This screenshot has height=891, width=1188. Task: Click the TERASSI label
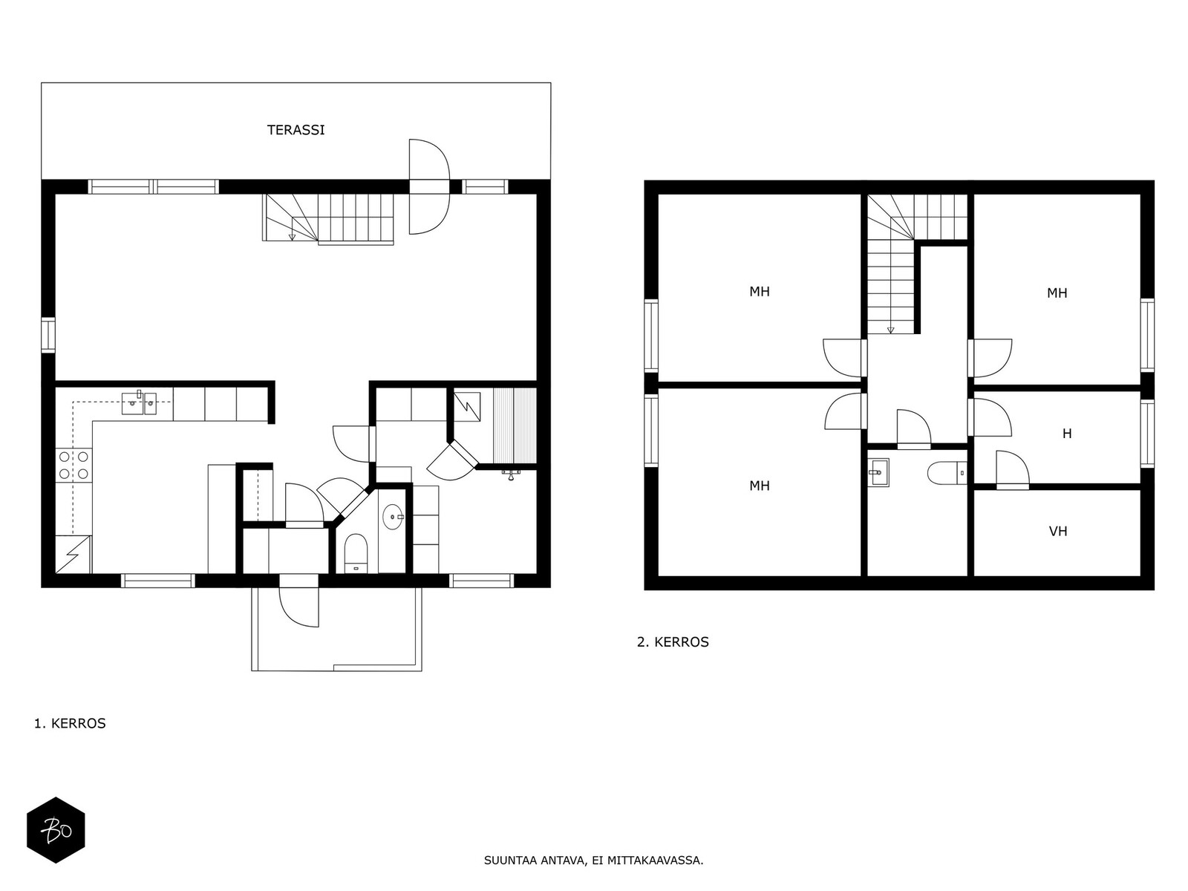pos(296,130)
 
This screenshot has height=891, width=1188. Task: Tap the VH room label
pos(1058,531)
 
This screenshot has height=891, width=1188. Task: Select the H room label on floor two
pos(1067,434)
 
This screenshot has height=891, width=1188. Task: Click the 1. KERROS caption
pos(70,723)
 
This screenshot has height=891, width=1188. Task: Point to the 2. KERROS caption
pos(673,642)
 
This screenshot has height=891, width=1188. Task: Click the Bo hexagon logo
pos(56,830)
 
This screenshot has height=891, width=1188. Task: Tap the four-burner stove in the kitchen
pos(74,466)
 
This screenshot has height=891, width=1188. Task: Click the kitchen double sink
pos(139,403)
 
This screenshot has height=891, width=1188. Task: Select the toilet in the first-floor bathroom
pos(356,553)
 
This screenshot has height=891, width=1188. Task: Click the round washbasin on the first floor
pos(393,518)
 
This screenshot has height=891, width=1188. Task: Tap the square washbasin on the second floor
pos(878,472)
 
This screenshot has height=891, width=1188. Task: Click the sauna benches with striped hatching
pos(514,425)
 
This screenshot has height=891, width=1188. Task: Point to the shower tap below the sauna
pos(511,474)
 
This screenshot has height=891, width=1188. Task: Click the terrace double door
pos(429,186)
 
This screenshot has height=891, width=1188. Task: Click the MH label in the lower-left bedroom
pos(760,486)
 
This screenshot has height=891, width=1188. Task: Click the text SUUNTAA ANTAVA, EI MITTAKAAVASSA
pos(594,860)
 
